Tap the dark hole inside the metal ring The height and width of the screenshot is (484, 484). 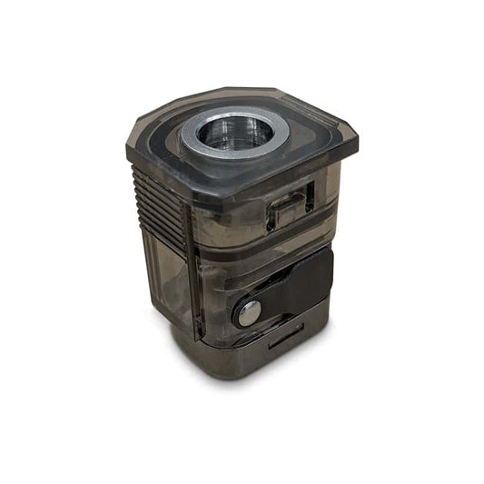234,133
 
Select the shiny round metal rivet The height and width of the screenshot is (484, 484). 248,312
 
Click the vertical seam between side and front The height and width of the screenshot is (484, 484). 193,272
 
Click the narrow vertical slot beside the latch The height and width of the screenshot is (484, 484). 310,195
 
